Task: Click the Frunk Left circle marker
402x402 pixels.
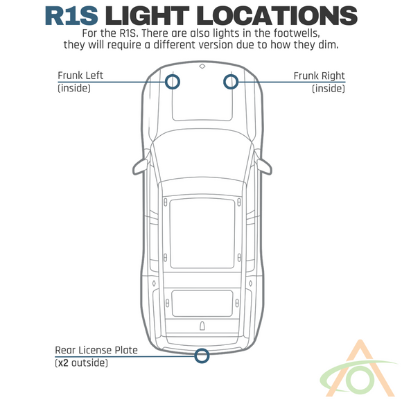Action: pyautogui.click(x=173, y=82)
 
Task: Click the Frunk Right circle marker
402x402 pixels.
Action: pyautogui.click(x=230, y=82)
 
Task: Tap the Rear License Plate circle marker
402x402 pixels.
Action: pyautogui.click(x=202, y=356)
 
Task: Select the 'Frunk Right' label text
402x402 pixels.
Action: pyautogui.click(x=319, y=76)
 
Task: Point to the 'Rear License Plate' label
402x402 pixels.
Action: pyautogui.click(x=96, y=350)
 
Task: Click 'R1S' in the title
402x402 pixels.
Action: pyautogui.click(x=71, y=15)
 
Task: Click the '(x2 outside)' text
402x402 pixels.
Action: pyautogui.click(x=82, y=363)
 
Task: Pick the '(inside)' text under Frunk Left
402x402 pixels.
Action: pyautogui.click(x=74, y=88)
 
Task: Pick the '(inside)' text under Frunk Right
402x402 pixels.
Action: pyautogui.click(x=329, y=88)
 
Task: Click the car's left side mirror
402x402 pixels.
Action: pyautogui.click(x=141, y=165)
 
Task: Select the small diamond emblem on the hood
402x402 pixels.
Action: pyautogui.click(x=202, y=67)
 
